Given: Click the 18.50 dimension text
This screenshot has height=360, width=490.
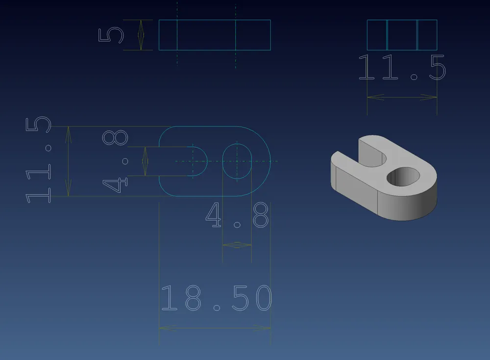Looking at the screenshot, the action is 216,298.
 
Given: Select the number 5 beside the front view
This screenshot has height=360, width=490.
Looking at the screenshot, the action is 111,35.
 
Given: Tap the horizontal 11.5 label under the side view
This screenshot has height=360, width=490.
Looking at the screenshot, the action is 402,67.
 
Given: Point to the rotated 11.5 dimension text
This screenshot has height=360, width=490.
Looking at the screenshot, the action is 38,160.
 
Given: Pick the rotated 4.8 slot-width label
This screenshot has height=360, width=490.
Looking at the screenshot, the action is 115,161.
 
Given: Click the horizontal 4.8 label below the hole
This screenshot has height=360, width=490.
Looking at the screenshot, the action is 237,215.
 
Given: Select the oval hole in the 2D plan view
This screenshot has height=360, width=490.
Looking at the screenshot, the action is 237,161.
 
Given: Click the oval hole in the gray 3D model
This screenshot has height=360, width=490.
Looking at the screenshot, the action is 403,177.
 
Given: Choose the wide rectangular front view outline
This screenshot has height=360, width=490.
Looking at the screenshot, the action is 215,35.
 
